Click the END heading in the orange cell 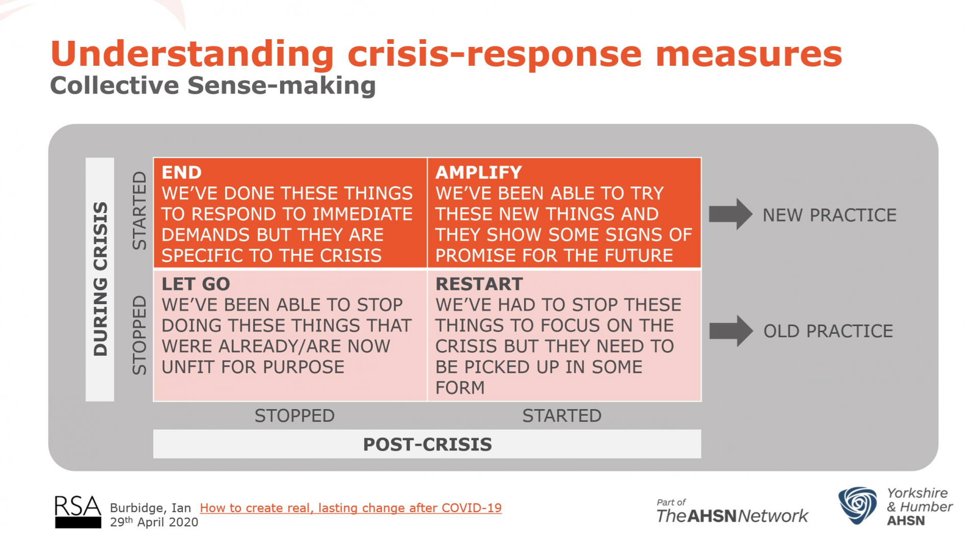tap(181, 173)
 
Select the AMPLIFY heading tap(478, 173)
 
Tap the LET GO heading tap(196, 284)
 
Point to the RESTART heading tap(479, 284)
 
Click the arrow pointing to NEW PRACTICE tap(730, 214)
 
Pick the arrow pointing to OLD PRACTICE tap(730, 331)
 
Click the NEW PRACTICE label tap(829, 215)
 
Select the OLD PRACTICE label tap(828, 331)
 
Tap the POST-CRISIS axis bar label tap(427, 444)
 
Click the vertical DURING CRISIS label tap(100, 279)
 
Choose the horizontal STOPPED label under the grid tap(294, 416)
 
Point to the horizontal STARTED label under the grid tap(561, 416)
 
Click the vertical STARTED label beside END tap(139, 210)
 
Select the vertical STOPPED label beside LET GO tap(139, 335)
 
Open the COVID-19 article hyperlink tap(350, 508)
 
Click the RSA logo tap(77, 512)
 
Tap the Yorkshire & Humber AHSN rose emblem tap(858, 505)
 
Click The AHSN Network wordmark tap(732, 516)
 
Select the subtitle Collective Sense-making tap(213, 86)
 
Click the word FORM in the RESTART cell tap(459, 388)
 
